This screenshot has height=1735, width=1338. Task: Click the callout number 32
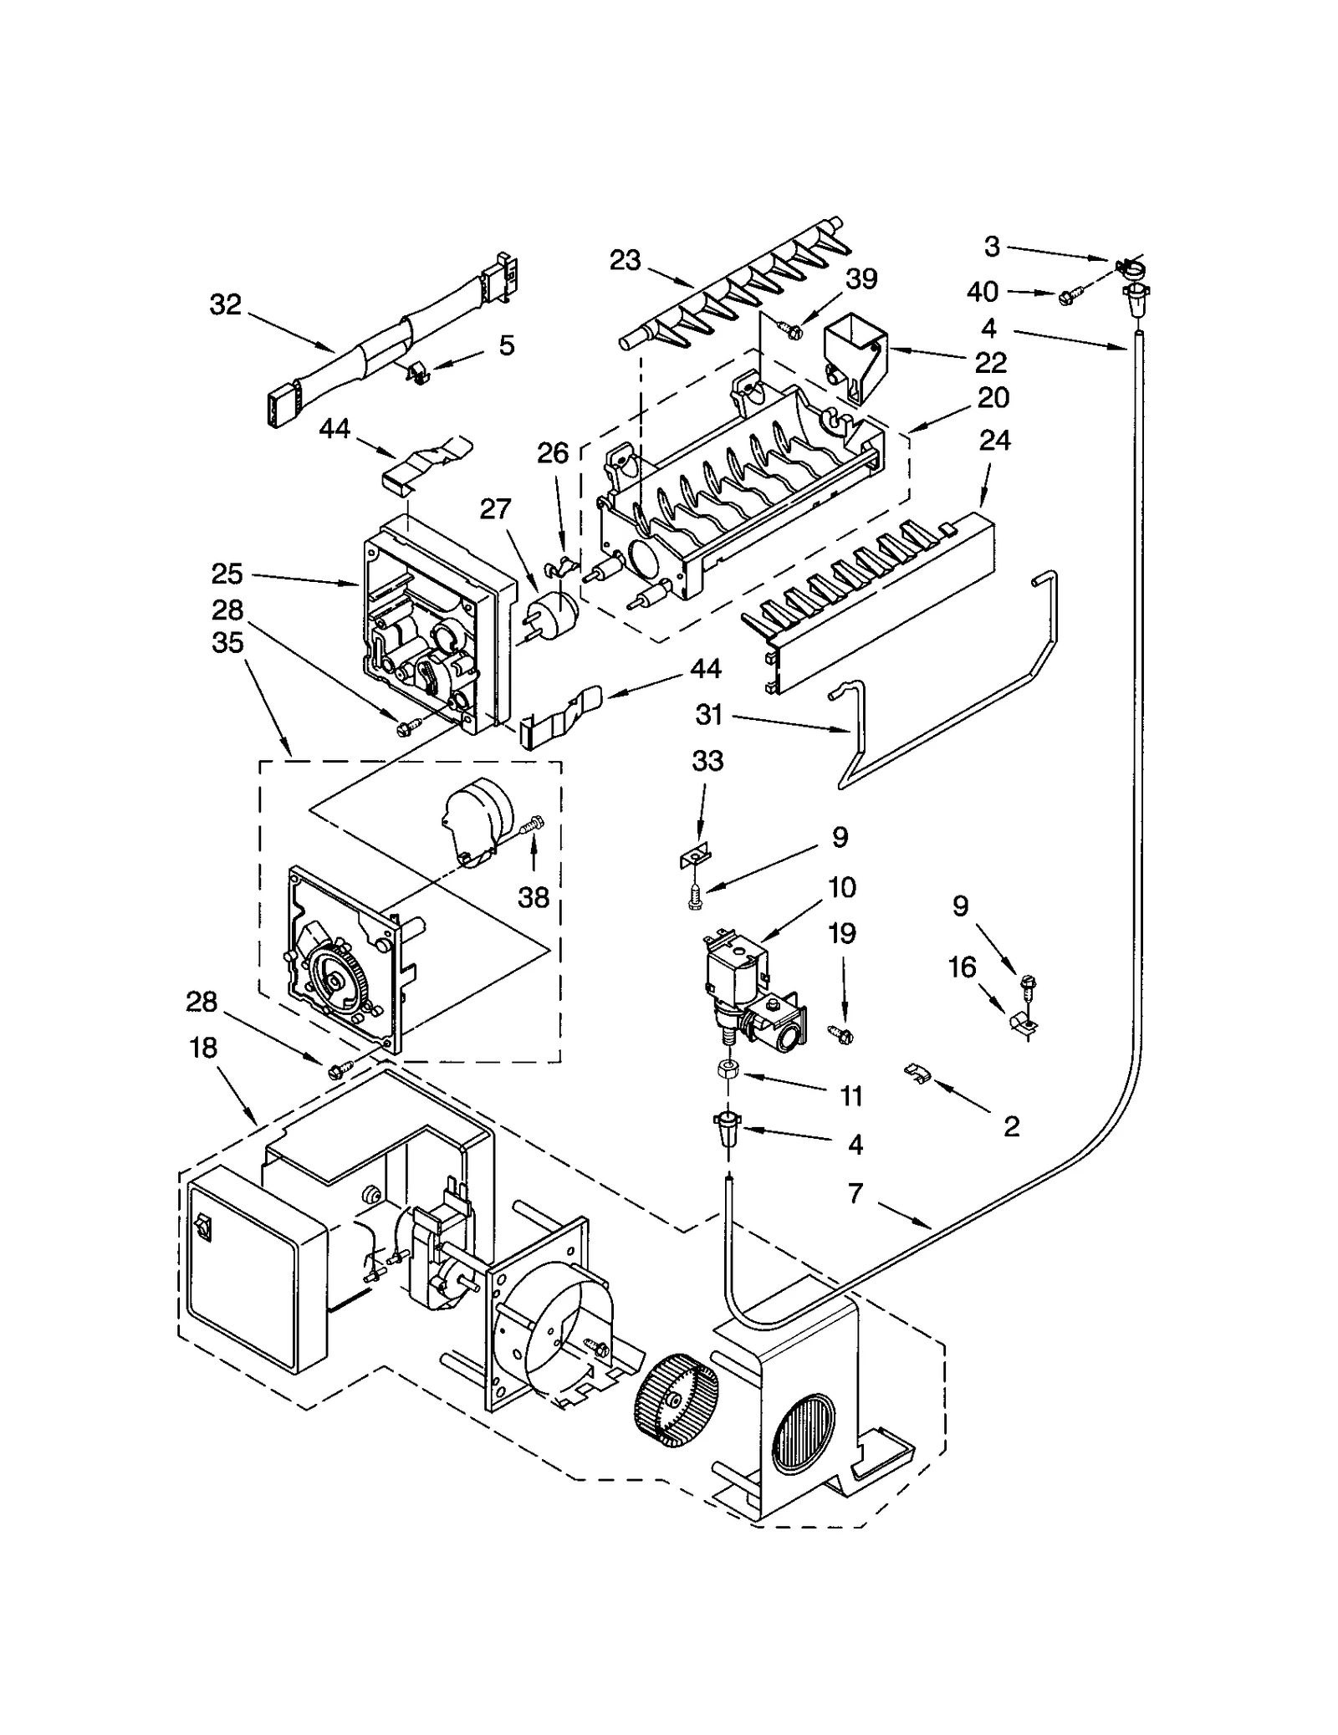pyautogui.click(x=225, y=304)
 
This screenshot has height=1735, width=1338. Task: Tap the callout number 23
pyautogui.click(x=625, y=261)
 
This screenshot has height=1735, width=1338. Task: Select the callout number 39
pyautogui.click(x=861, y=278)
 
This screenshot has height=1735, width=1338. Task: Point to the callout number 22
pyautogui.click(x=990, y=362)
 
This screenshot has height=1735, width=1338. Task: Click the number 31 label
pyautogui.click(x=708, y=714)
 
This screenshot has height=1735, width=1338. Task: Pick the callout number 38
pyautogui.click(x=534, y=897)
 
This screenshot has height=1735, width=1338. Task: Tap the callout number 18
pyautogui.click(x=203, y=1048)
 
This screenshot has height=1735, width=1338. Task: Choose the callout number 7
pyautogui.click(x=855, y=1193)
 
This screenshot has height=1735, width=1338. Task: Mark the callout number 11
pyautogui.click(x=851, y=1096)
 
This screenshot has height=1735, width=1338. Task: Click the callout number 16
pyautogui.click(x=963, y=967)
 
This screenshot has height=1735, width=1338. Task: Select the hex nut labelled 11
pyautogui.click(x=728, y=1068)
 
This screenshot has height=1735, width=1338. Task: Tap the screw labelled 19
pyautogui.click(x=839, y=1033)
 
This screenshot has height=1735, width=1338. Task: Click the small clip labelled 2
pyautogui.click(x=917, y=1071)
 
